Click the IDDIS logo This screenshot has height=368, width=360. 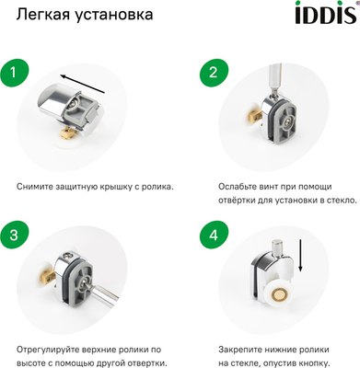click(322, 16)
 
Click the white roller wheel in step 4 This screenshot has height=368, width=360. click(276, 293)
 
